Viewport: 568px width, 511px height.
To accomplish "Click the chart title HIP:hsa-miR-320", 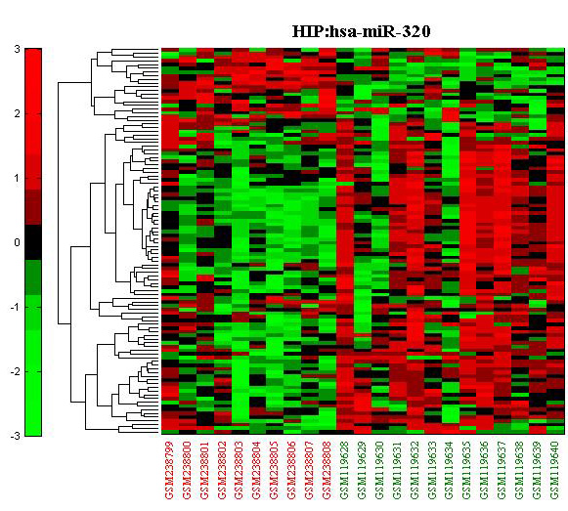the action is click(x=361, y=31).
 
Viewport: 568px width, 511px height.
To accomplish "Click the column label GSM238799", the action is click(x=169, y=470).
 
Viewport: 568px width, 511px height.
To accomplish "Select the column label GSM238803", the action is click(x=240, y=470).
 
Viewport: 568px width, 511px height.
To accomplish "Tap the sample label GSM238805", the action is click(x=275, y=470).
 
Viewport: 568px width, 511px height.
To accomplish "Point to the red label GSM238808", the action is click(x=328, y=470).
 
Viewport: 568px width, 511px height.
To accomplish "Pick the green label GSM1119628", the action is click(x=345, y=470).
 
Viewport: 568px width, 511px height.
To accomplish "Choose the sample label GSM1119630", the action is click(x=380, y=470).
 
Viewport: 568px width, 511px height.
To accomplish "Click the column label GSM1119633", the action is click(x=433, y=470).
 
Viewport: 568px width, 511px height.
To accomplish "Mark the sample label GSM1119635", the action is click(x=468, y=470).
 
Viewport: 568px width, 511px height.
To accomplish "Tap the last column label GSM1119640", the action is click(x=555, y=470).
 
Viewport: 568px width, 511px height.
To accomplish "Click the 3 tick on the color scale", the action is click(x=17, y=49).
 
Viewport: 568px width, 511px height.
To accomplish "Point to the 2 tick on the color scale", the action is click(x=17, y=113).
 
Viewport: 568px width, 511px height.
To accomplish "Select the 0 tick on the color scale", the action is click(x=17, y=242).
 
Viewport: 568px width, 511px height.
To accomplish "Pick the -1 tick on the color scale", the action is click(x=16, y=307).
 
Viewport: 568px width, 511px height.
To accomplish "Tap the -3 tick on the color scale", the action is click(x=16, y=436).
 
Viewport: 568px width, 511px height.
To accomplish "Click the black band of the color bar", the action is click(x=33, y=242).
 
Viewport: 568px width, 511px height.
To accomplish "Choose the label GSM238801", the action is click(x=204, y=470).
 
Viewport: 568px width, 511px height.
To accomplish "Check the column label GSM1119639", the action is click(x=539, y=470).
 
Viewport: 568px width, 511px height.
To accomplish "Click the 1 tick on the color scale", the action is click(x=17, y=178).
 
